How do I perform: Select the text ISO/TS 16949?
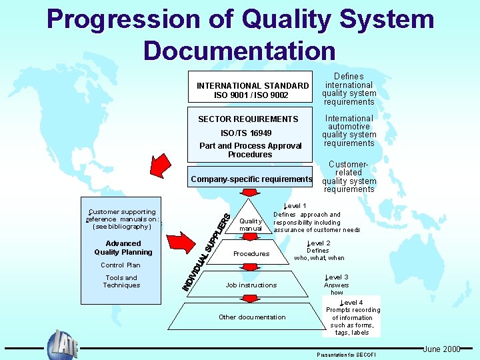(x=246, y=133)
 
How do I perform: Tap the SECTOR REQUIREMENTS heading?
(x=248, y=119)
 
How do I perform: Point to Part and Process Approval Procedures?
(x=250, y=150)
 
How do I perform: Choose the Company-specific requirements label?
(x=251, y=179)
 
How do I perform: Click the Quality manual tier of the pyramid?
(x=251, y=224)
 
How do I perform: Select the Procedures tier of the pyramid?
(x=251, y=254)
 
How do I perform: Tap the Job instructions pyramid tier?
(x=251, y=285)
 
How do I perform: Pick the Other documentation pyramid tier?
(x=252, y=317)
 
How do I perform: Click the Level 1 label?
(x=295, y=206)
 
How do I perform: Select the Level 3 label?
(x=336, y=277)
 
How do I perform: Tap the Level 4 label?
(x=351, y=303)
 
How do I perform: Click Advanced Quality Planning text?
(x=123, y=248)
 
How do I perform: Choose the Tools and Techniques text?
(x=121, y=281)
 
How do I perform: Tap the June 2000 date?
(x=441, y=349)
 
